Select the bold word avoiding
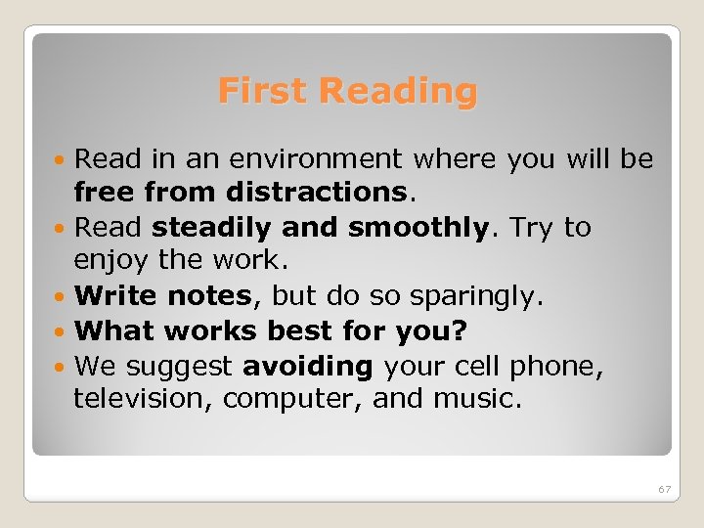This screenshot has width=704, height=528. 308,366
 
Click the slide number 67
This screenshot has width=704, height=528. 664,489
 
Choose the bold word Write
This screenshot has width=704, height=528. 116,295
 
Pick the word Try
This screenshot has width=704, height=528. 535,228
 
